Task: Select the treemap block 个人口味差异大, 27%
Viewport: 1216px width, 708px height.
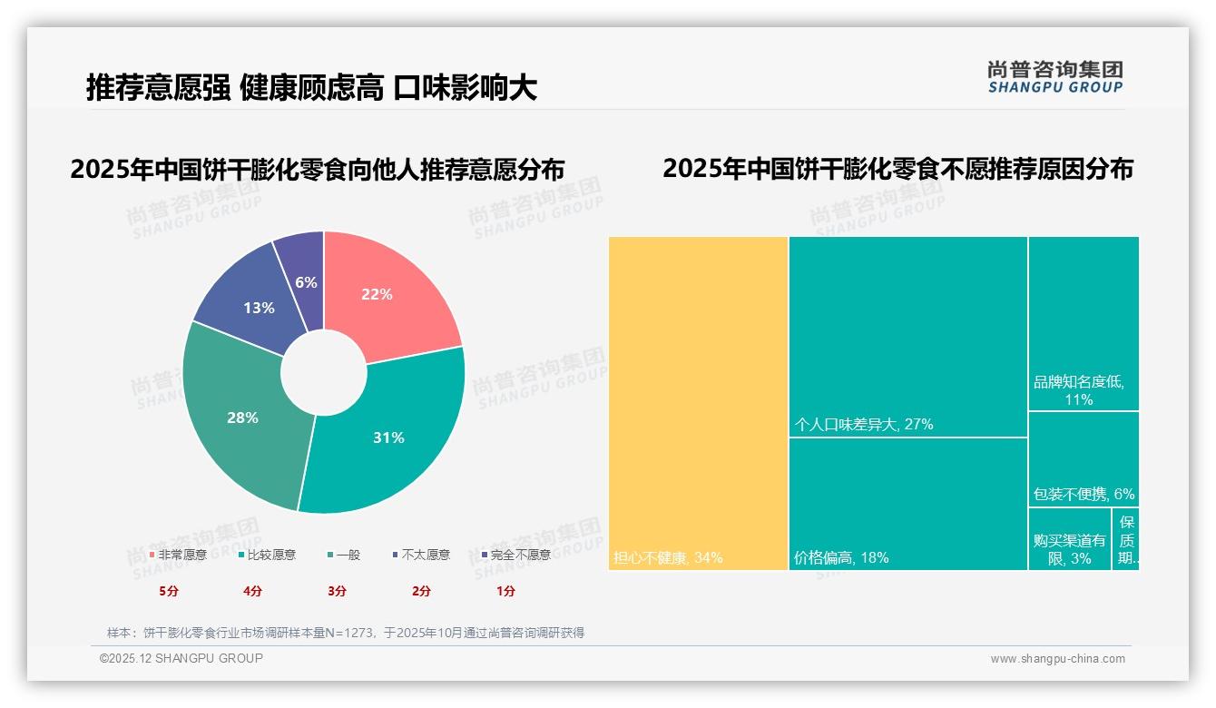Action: pos(907,336)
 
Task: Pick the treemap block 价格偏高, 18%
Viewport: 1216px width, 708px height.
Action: pos(907,504)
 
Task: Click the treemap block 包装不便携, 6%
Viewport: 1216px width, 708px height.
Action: pos(1083,458)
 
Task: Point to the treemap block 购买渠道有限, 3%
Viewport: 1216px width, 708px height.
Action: pos(1069,539)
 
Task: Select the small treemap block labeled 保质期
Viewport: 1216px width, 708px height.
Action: pos(1125,539)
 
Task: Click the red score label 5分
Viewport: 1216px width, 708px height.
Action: pos(169,591)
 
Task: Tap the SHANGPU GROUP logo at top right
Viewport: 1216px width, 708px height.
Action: pos(1054,77)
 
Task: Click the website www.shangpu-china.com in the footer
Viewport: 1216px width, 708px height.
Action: pos(1057,659)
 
